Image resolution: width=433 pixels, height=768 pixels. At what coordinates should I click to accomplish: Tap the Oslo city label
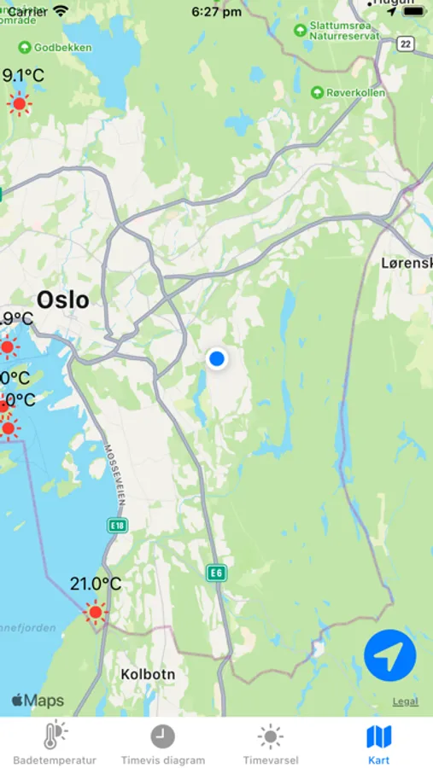coord(62,300)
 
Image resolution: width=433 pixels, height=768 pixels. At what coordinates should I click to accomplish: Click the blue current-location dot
coord(217,359)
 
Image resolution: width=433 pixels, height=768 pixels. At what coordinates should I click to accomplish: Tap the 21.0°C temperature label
coord(95,585)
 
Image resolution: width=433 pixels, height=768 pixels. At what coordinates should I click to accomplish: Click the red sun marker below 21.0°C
coord(95,611)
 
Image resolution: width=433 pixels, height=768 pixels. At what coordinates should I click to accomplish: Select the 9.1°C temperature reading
coord(24,75)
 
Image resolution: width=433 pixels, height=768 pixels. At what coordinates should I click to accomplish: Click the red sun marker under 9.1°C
coord(19,104)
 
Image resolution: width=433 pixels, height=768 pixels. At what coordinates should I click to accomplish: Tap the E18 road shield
coord(117,526)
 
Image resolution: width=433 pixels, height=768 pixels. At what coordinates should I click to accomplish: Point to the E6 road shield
coord(217,573)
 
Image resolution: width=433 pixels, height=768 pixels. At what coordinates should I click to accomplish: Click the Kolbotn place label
coord(148,674)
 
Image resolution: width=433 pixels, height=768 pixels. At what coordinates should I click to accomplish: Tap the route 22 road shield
coord(405,44)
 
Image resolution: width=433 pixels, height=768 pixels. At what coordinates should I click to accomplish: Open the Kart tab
coord(378,743)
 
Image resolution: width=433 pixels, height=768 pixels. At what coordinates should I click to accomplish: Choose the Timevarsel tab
coord(271,743)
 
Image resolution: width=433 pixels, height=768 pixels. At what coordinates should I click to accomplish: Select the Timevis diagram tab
coord(162,743)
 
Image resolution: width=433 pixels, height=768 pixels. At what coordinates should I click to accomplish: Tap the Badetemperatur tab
coord(55,743)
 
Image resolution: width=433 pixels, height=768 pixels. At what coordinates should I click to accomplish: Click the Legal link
coord(406,701)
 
